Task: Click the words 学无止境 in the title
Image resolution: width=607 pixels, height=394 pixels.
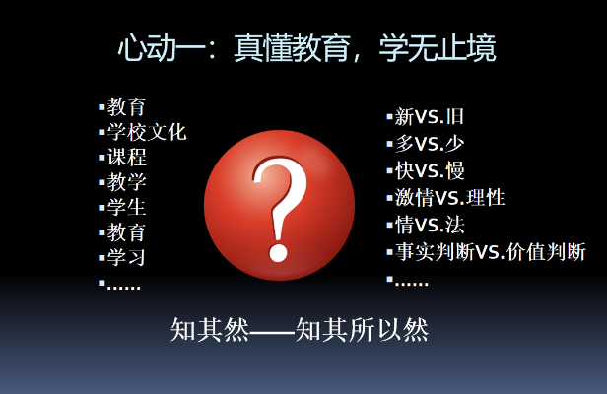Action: click(438, 48)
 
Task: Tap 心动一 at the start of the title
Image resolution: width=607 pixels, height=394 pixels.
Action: click(162, 48)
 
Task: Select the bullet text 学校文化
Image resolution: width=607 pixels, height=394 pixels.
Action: click(147, 132)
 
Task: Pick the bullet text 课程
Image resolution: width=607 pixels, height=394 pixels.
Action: click(126, 158)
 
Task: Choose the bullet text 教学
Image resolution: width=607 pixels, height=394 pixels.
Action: click(126, 182)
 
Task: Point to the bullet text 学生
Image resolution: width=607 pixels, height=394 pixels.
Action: click(126, 207)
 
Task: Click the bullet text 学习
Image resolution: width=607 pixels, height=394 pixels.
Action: click(126, 257)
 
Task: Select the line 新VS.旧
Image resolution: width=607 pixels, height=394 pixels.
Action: click(430, 116)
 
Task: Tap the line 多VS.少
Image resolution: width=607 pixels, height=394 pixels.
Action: click(430, 144)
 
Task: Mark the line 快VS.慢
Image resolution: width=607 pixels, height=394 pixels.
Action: click(430, 170)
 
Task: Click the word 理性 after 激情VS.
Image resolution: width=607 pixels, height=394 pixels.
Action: click(486, 198)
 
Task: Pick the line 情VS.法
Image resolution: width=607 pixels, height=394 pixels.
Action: click(430, 225)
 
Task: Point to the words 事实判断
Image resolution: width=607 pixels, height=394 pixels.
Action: click(435, 252)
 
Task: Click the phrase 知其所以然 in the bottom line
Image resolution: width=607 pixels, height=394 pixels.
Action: click(362, 330)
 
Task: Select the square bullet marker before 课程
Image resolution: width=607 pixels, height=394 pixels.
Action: click(101, 158)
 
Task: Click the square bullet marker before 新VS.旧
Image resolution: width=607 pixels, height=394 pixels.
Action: click(390, 116)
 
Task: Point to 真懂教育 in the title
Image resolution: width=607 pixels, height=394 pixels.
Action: click(293, 48)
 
